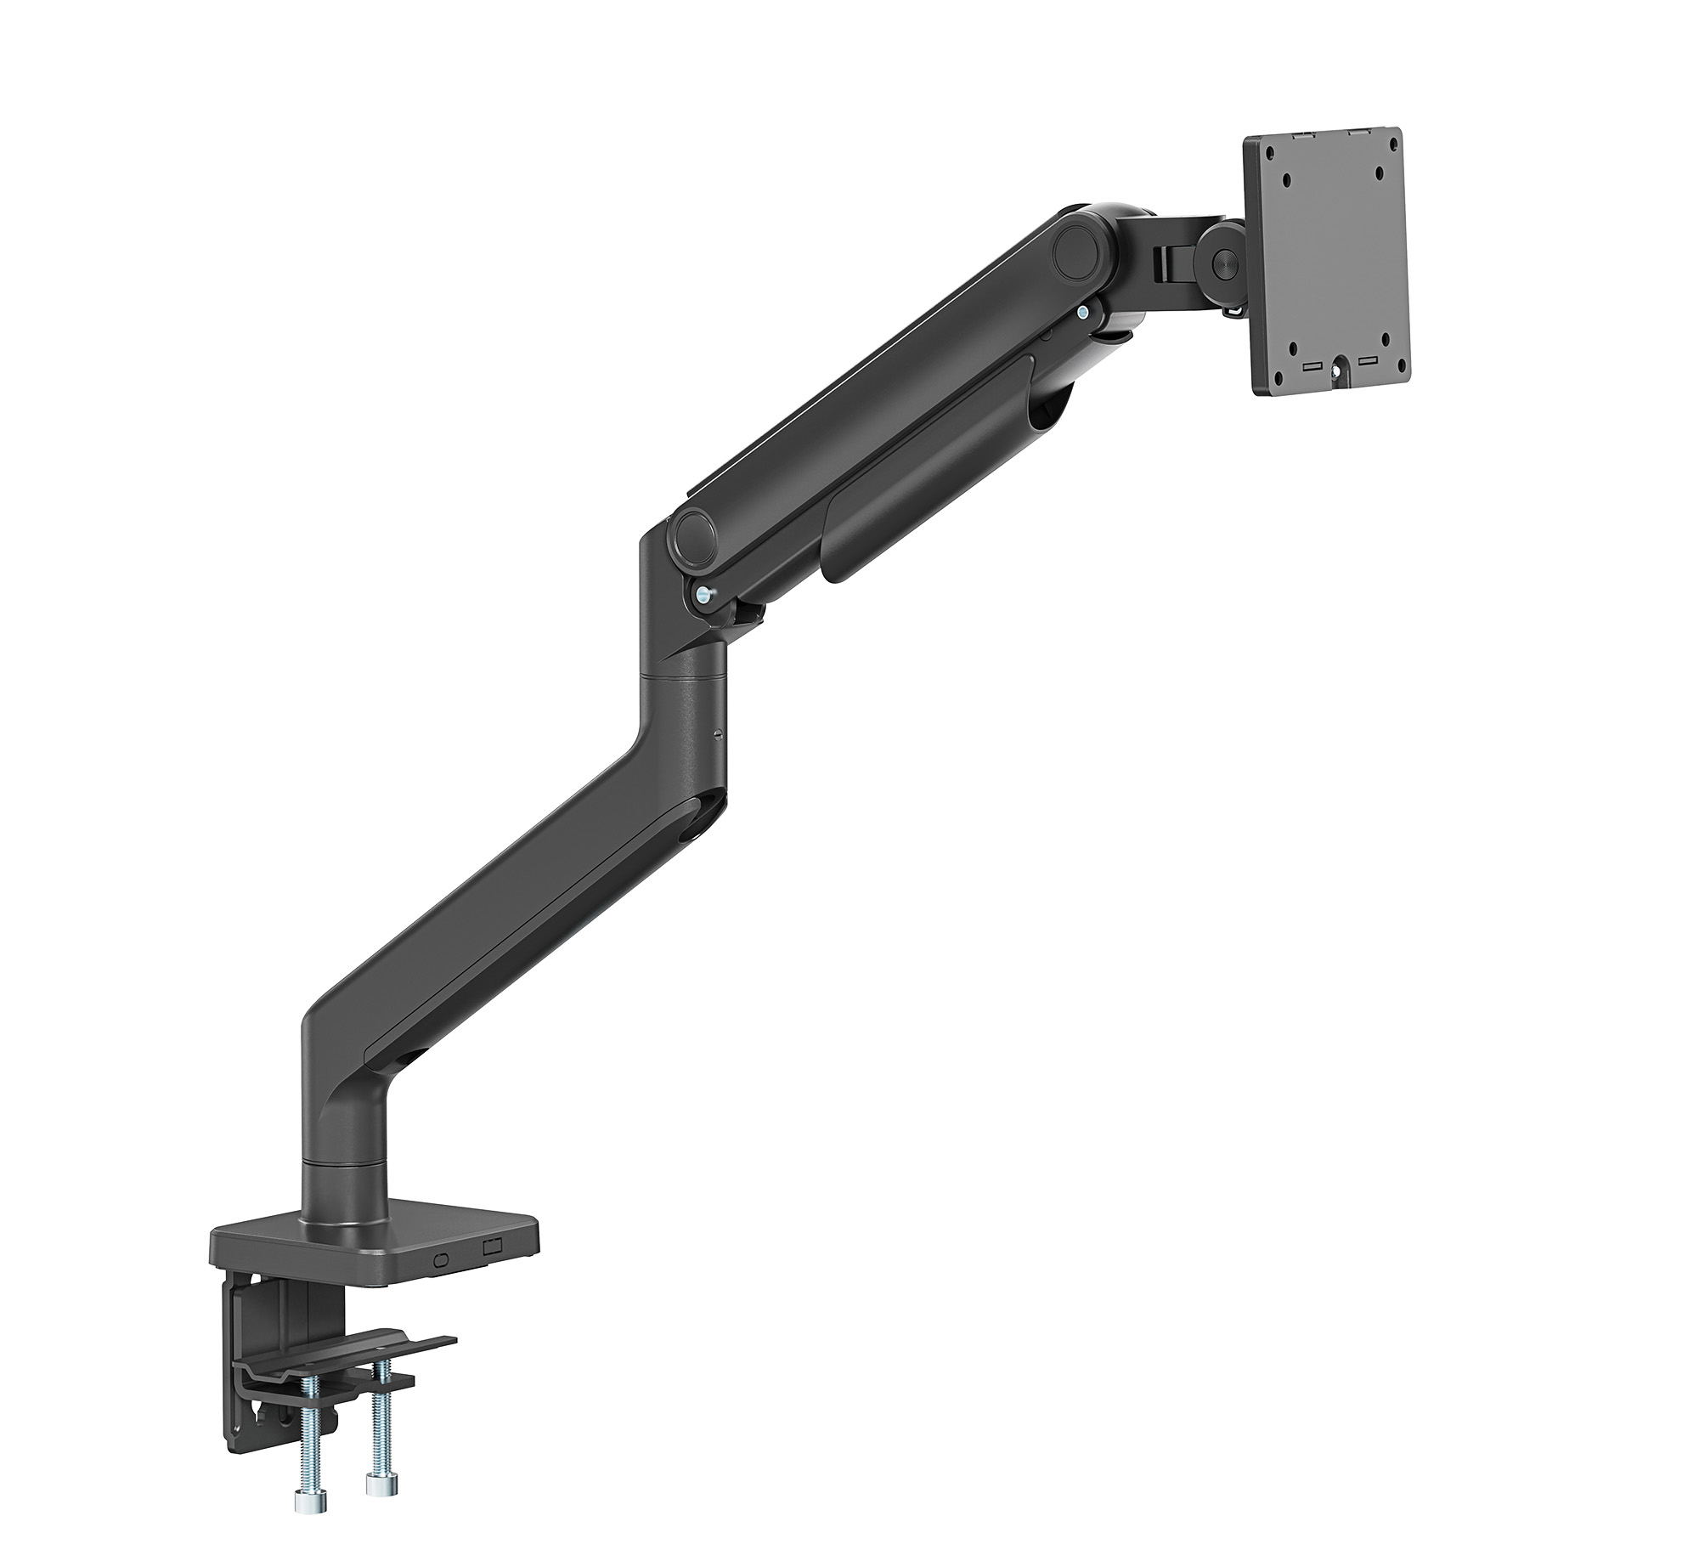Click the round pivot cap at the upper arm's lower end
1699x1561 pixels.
click(x=694, y=533)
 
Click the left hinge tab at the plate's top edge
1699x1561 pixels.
click(x=1302, y=134)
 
